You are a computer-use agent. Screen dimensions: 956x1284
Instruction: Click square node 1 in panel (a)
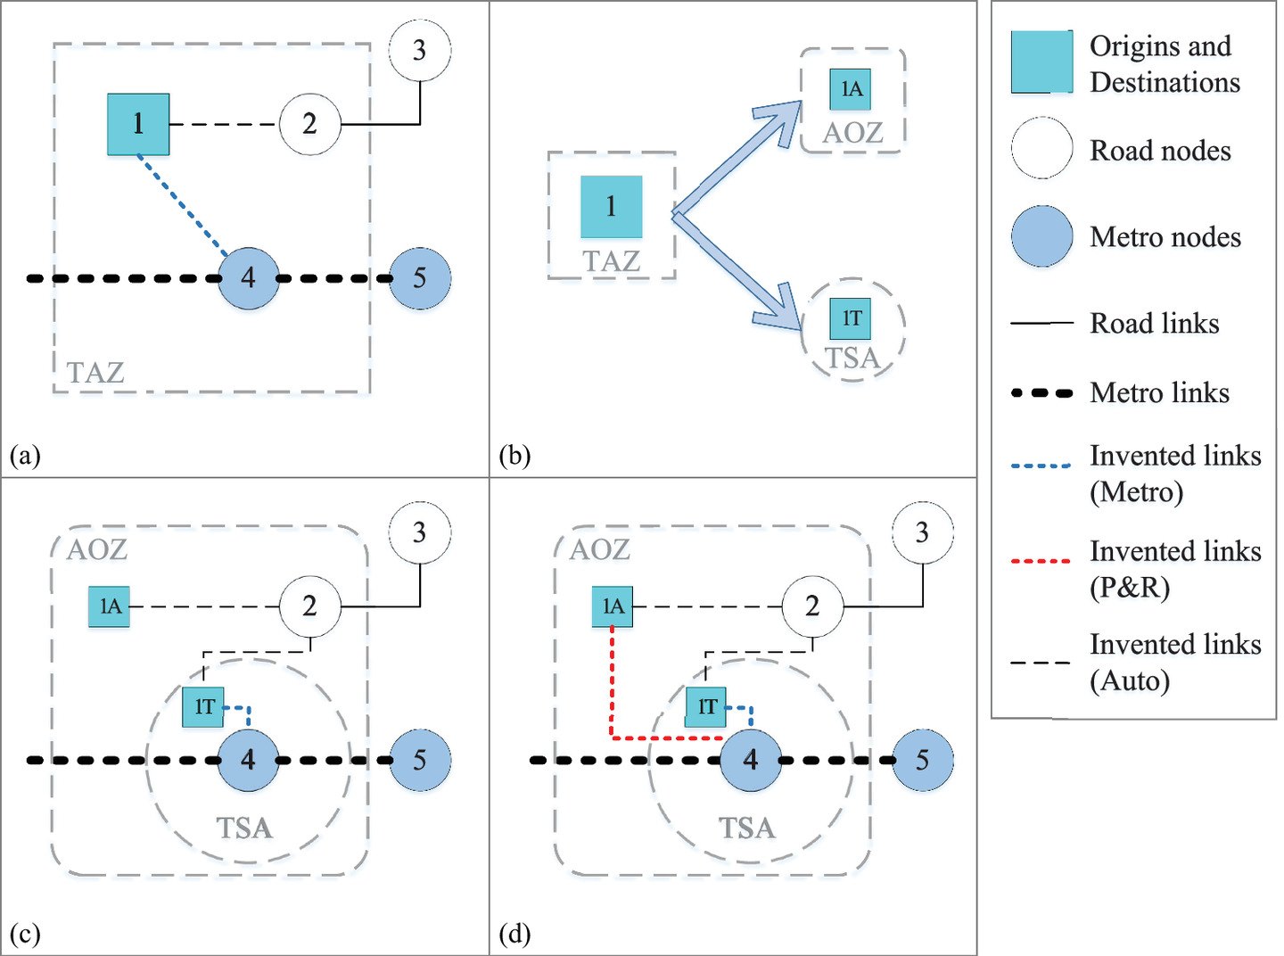pos(138,124)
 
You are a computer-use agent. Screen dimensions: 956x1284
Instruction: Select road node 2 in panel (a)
pos(309,124)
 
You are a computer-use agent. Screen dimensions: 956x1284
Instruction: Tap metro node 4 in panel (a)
pos(248,278)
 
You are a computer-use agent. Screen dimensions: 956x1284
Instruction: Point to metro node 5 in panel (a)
pos(419,278)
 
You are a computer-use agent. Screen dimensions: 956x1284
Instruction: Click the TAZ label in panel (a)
pos(95,372)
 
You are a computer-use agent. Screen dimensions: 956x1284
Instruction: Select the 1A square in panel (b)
pos(851,89)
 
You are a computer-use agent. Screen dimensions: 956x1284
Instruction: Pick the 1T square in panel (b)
pos(851,318)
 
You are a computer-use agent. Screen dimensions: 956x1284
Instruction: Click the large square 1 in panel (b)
pos(611,207)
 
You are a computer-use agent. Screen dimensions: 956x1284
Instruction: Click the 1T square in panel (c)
pos(203,707)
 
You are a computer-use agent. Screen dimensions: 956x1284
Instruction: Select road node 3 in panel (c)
pos(419,533)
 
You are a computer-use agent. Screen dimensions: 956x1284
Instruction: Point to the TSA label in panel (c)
pos(244,828)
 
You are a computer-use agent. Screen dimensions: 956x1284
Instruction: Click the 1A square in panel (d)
pos(613,606)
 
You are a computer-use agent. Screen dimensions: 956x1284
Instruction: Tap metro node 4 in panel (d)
pos(750,760)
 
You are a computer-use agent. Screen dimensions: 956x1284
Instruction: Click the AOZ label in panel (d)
pos(599,549)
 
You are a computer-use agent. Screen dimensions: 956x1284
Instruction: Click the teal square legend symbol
pos(1041,62)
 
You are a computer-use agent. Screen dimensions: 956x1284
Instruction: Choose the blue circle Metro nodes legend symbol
pos(1041,236)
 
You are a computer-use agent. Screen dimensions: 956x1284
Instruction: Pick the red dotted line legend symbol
pos(1041,561)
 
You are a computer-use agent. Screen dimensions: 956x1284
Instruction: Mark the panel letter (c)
pos(25,934)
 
